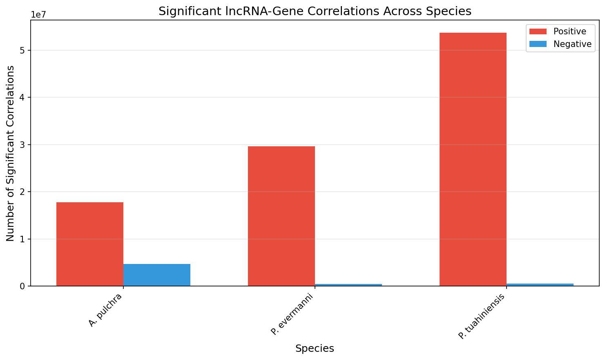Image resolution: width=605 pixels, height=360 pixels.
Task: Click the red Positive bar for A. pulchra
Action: (90, 244)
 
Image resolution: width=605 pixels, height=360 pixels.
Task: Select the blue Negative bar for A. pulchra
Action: (157, 275)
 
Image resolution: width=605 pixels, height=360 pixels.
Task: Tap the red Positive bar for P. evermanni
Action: (281, 216)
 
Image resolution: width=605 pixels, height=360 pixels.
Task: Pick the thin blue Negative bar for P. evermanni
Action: (348, 285)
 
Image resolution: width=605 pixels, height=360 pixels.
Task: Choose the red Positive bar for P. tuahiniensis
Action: (473, 159)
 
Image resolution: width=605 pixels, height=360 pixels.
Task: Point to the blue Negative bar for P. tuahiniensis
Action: (540, 284)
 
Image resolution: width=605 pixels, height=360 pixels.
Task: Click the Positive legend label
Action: (569, 31)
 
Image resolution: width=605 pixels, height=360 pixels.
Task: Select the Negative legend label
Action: (572, 44)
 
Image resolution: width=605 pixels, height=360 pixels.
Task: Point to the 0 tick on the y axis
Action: (23, 286)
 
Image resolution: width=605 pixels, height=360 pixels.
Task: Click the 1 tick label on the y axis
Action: (23, 239)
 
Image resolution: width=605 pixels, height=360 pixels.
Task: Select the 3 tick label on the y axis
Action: (23, 145)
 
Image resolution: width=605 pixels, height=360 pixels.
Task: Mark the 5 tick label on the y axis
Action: (23, 50)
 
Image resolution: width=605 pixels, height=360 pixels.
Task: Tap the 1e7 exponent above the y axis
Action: (39, 15)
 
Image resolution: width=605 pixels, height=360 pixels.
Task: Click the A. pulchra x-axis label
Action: (105, 310)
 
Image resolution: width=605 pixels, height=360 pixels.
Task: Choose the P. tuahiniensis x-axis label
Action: (482, 316)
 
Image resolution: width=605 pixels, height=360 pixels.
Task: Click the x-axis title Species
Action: (315, 349)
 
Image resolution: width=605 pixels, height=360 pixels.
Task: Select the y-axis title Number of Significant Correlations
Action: (10, 153)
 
